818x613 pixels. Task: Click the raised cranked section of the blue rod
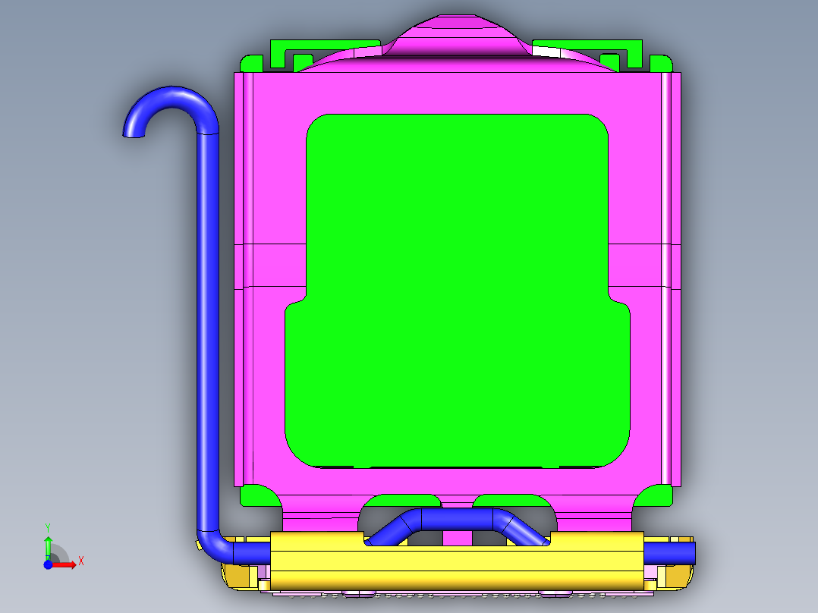point(455,519)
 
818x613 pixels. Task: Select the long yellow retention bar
point(455,561)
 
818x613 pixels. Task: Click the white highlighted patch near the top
point(554,51)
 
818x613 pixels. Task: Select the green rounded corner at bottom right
point(654,497)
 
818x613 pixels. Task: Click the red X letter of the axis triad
point(81,561)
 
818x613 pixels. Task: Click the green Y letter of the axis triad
point(47,527)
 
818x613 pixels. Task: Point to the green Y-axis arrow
point(47,545)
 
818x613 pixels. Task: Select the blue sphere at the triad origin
point(48,564)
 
